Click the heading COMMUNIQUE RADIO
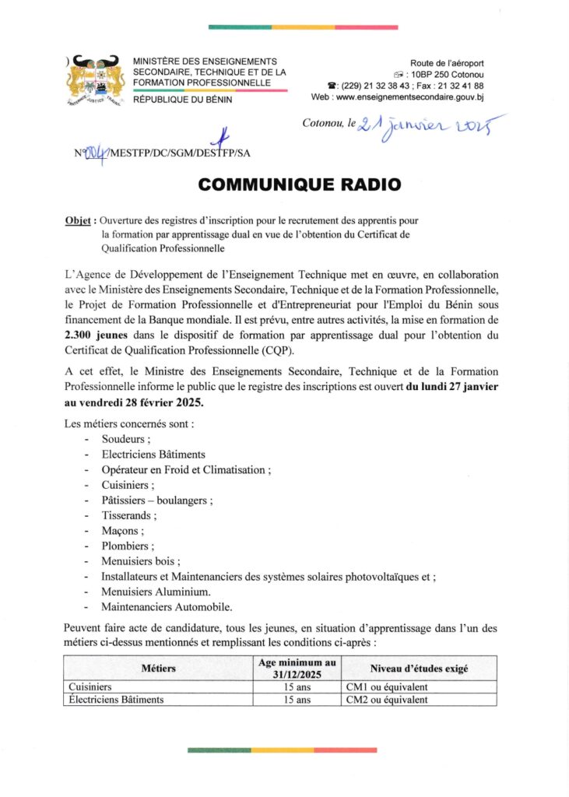pos(300,184)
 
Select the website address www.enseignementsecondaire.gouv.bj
pos(409,97)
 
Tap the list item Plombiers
pos(128,546)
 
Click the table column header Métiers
pos(159,669)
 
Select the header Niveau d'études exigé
pos(419,669)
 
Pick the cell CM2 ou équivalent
pos(386,700)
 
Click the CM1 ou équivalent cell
pos(386,687)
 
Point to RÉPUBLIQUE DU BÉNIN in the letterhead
pos(182,99)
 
